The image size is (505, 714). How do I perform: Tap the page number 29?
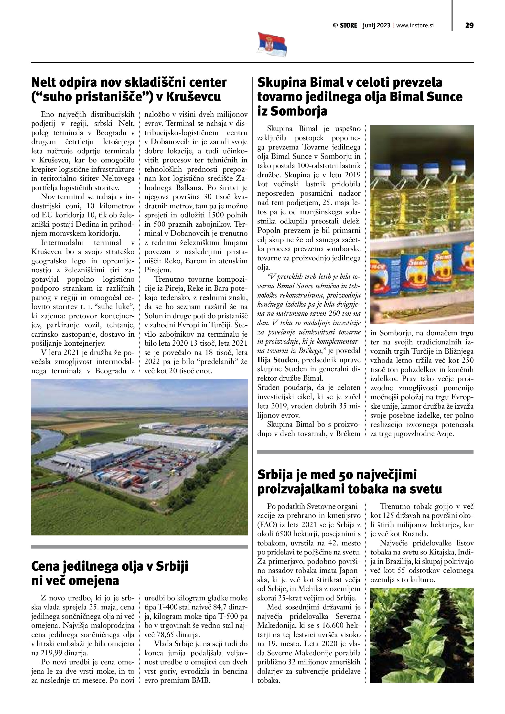click(x=469, y=25)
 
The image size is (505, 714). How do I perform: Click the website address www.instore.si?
click(x=415, y=25)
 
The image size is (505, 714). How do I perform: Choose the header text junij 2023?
click(x=376, y=25)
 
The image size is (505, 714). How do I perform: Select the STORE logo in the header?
click(x=345, y=25)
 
